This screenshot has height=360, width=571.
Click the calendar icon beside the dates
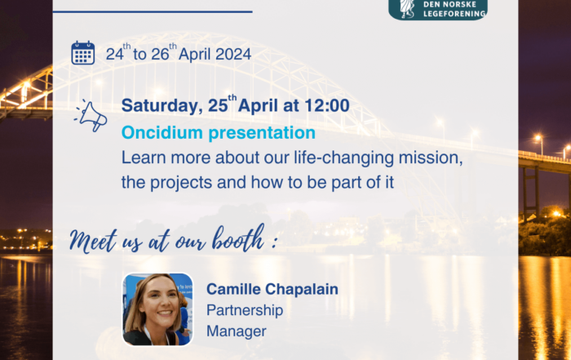tap(82, 53)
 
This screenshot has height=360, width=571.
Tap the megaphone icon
tap(91, 115)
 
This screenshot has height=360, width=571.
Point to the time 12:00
tap(326, 105)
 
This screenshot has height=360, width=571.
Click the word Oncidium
tap(162, 132)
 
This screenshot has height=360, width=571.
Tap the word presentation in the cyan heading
tap(262, 133)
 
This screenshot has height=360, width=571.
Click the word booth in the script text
tap(238, 238)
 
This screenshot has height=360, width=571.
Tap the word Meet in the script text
tap(94, 241)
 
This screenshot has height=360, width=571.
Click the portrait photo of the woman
tap(157, 309)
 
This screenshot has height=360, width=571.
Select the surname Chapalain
tap(302, 289)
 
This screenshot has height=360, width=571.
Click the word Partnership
tap(245, 311)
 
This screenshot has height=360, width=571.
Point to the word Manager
tap(237, 331)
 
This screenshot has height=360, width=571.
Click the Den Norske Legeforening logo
tap(438, 10)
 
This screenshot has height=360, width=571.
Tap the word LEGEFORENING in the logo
tap(454, 14)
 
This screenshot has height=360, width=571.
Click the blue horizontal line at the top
tap(153, 11)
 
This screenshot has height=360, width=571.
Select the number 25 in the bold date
tap(218, 105)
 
